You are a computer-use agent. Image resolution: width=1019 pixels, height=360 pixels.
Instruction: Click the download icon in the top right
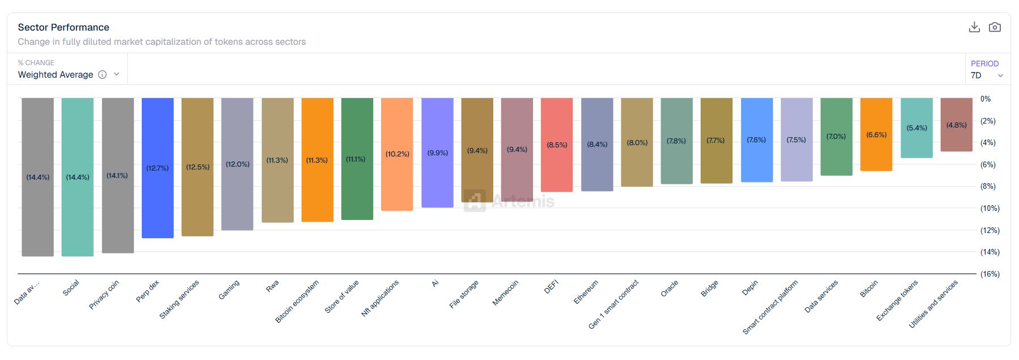pos(974,27)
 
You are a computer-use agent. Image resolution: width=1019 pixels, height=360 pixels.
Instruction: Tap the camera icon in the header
pos(995,27)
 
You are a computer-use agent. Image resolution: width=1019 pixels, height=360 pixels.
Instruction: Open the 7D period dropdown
pos(987,75)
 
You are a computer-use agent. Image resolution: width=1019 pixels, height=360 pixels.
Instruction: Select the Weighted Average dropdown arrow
pos(117,74)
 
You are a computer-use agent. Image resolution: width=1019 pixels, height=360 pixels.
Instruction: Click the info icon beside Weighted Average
pos(103,75)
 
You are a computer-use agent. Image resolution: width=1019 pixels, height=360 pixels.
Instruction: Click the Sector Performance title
pos(64,27)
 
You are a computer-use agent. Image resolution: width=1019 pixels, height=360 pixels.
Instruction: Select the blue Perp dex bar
pos(158,168)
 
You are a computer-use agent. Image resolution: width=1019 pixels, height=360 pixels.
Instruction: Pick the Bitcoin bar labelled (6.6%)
pos(876,134)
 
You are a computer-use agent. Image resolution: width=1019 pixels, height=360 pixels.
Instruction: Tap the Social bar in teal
pos(78,177)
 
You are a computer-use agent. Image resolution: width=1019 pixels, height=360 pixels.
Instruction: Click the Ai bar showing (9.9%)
pos(437,153)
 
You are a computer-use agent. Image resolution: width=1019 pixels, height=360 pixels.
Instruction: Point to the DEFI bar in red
pos(557,145)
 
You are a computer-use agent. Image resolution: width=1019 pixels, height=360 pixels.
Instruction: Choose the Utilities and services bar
pos(957,124)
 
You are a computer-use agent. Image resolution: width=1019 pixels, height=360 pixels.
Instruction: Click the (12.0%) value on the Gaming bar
pos(238,164)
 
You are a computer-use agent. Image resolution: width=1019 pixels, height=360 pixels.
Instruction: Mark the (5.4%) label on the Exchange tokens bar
pos(917,128)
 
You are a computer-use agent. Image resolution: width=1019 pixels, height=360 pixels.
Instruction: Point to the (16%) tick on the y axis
pos(990,274)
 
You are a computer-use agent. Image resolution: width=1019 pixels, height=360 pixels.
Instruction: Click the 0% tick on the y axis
pos(986,99)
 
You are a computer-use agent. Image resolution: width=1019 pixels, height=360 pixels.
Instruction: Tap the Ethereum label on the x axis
pos(586,292)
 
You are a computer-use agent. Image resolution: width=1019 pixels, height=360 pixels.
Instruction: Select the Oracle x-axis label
pos(669,289)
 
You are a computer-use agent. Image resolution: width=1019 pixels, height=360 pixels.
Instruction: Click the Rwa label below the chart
pos(272,286)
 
